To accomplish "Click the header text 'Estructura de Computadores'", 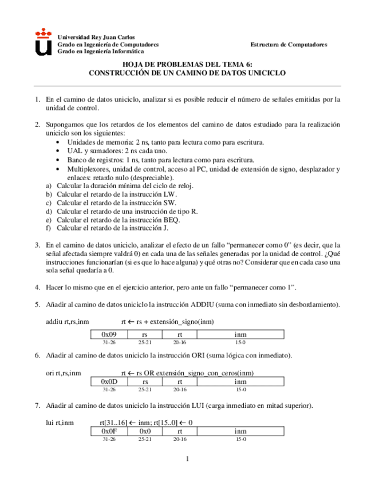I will coord(289,44).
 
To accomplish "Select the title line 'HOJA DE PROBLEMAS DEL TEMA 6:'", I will coord(187,66).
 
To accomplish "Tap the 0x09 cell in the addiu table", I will coord(109,333).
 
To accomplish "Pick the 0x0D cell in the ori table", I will coord(109,381).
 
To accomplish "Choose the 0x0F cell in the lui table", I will coord(109,431).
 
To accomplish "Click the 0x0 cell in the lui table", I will coord(145,431).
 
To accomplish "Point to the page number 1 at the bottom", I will coord(187,459).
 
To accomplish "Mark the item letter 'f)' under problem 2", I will coord(49,228).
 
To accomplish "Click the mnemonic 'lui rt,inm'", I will coord(60,422).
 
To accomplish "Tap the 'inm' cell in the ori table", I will coord(241,381).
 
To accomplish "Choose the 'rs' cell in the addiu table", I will coord(145,333).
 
